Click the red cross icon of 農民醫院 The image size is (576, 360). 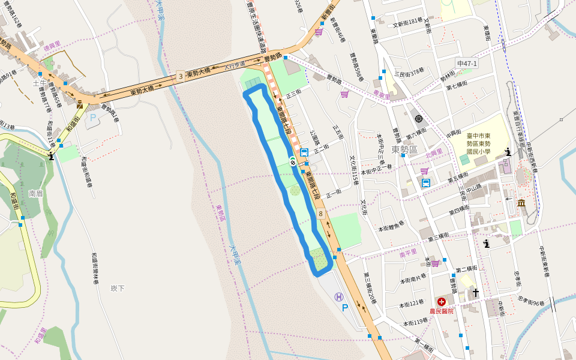pyautogui.click(x=442, y=301)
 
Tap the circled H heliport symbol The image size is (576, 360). pyautogui.click(x=339, y=296)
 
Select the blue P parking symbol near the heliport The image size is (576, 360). pyautogui.click(x=344, y=308)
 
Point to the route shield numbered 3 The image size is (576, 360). pyautogui.click(x=180, y=77)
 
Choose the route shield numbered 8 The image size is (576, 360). pyautogui.click(x=321, y=213)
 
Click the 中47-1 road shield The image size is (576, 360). pyautogui.click(x=466, y=64)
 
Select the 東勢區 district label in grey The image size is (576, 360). pyautogui.click(x=404, y=149)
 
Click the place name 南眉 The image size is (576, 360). pyautogui.click(x=35, y=194)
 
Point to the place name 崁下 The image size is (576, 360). pyautogui.click(x=118, y=289)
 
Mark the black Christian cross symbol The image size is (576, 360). pyautogui.click(x=476, y=293)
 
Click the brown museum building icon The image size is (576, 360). pyautogui.click(x=521, y=203)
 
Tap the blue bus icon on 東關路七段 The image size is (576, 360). pyautogui.click(x=304, y=152)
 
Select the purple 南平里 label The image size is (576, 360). pyautogui.click(x=407, y=254)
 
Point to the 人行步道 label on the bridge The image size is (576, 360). pyautogui.click(x=235, y=66)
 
